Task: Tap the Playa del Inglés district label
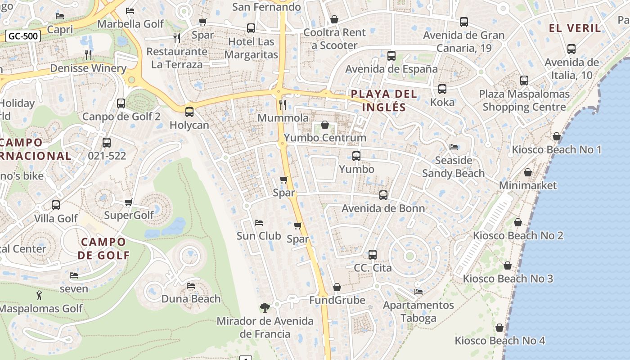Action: tap(384, 101)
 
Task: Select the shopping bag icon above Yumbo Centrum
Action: tap(325, 125)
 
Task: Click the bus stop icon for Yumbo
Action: tap(356, 156)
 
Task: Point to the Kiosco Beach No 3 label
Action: tap(508, 279)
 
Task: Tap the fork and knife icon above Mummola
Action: tap(283, 105)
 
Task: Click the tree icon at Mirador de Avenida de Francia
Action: tap(265, 308)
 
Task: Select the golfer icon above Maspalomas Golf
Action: tap(40, 296)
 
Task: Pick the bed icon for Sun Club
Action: tap(259, 223)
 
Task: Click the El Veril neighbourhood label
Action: tap(575, 28)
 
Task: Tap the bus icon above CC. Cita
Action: tap(373, 255)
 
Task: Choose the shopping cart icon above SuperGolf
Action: tap(129, 202)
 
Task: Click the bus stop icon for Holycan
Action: tap(189, 112)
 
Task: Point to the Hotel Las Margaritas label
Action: tap(251, 48)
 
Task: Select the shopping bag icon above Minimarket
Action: tap(528, 172)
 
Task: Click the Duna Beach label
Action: tap(191, 299)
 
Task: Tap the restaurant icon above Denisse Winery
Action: tap(88, 55)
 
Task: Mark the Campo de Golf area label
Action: tap(103, 248)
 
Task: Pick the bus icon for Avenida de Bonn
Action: tap(383, 195)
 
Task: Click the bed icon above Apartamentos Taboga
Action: tap(418, 292)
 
